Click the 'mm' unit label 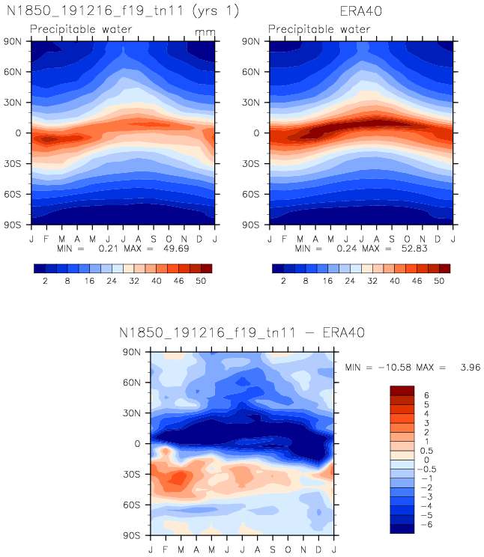pyautogui.click(x=205, y=33)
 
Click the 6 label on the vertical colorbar pyautogui.click(x=427, y=395)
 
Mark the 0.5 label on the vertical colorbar pyautogui.click(x=429, y=450)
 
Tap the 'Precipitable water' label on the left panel pyautogui.click(x=81, y=30)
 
